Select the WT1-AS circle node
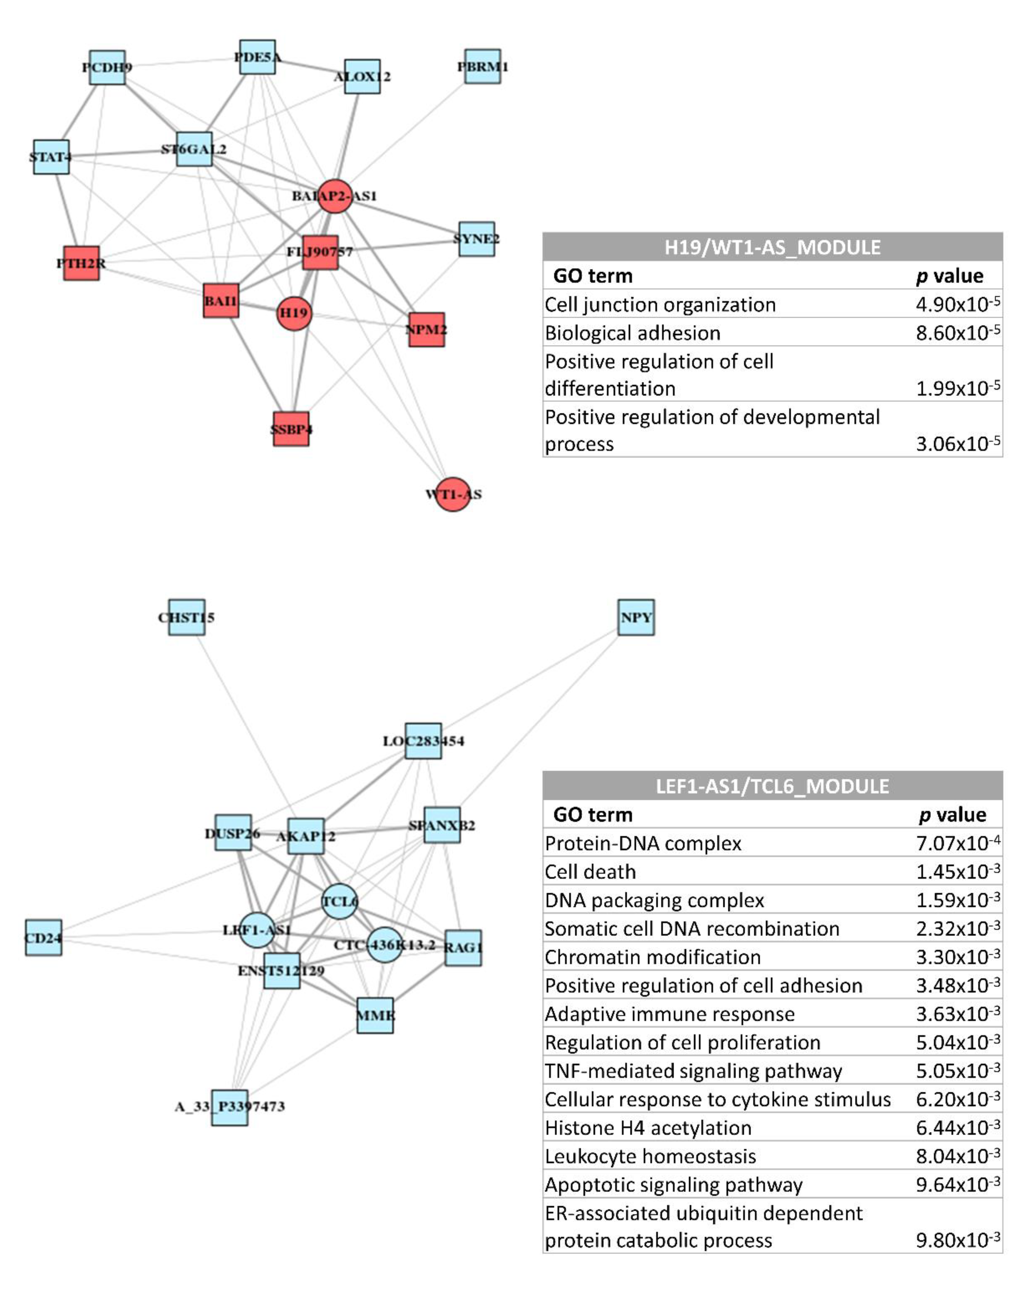tap(453, 494)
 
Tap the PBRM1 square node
tap(483, 66)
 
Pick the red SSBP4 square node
tap(291, 429)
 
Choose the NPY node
tap(636, 617)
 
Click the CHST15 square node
tap(186, 617)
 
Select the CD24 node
tap(43, 938)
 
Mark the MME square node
tap(375, 1015)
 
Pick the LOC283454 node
tap(424, 741)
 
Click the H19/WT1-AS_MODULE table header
tap(772, 247)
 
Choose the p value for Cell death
tap(957, 872)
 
